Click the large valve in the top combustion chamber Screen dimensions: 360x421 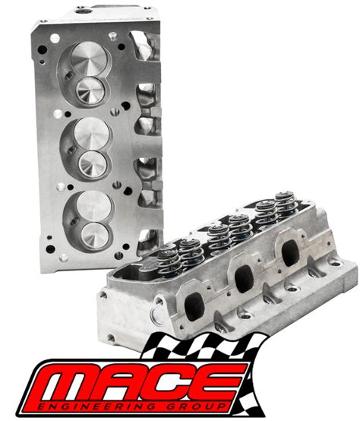[90, 59]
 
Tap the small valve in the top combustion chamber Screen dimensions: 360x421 [90, 90]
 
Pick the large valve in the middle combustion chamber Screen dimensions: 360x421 [92, 134]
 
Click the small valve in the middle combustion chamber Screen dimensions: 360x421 [93, 164]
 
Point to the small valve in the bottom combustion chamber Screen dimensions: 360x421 [95, 236]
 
